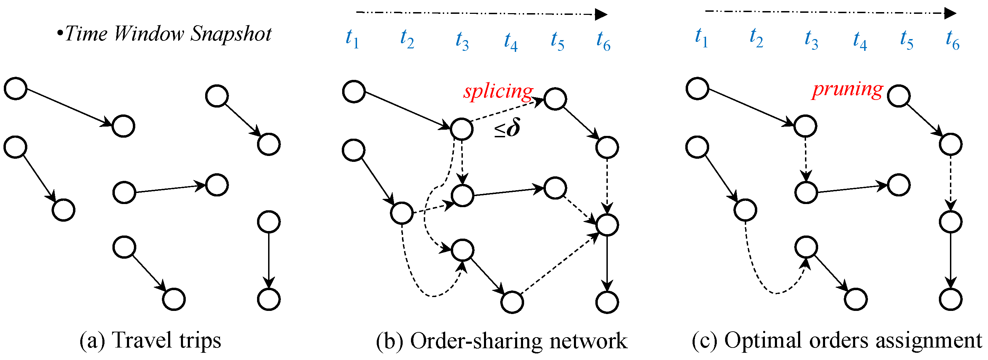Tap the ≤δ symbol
pos(507,128)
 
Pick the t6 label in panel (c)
pos(952,40)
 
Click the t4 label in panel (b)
pos(511,41)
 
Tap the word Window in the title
pos(149,34)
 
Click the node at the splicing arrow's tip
pos(555,99)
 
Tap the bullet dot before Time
pos(60,34)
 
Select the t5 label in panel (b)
pos(557,41)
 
